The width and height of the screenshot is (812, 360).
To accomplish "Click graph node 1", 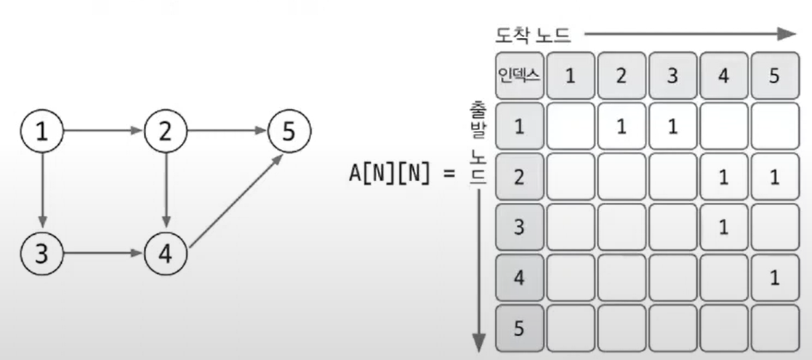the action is click(44, 132).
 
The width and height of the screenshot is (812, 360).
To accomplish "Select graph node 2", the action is click(166, 132).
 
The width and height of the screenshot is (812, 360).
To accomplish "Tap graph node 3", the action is click(44, 254).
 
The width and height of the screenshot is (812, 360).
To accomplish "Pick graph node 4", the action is click(166, 254).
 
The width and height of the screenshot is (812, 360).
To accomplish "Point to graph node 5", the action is click(289, 132).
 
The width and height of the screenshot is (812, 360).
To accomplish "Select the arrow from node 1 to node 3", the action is click(44, 193).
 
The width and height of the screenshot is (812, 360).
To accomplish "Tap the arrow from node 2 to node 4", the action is click(166, 193).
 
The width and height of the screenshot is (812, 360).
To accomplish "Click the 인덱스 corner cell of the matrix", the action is click(519, 76).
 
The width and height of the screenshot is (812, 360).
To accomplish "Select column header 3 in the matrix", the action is click(672, 76).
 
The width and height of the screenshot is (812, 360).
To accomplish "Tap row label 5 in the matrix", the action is click(519, 329).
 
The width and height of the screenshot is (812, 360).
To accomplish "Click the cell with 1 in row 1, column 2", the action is click(621, 127).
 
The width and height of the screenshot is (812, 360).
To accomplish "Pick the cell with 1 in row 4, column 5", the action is click(773, 279).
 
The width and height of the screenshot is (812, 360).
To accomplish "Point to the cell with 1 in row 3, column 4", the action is click(723, 228).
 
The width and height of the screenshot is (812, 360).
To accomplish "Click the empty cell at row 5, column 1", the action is click(570, 329).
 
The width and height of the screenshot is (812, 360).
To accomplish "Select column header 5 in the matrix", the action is click(773, 76).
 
